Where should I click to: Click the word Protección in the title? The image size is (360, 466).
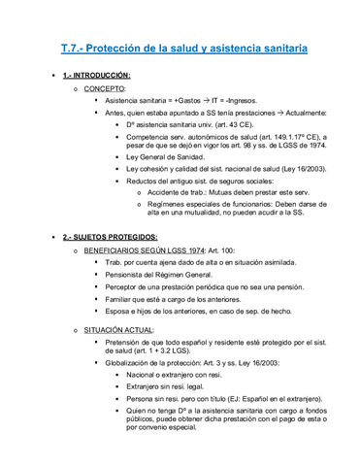121,46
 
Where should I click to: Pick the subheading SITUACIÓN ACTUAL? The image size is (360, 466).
118,330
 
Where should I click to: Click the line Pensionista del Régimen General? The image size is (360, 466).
160,274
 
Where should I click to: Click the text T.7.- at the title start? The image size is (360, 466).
67,46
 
